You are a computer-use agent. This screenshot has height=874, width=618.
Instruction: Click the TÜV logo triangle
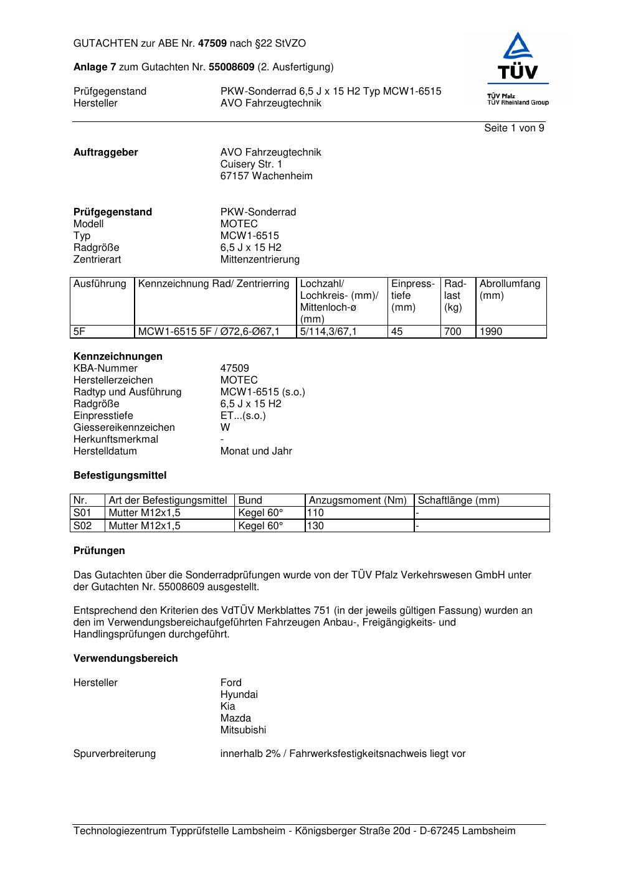coord(518,47)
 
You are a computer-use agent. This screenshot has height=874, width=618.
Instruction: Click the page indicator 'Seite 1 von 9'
coord(514,128)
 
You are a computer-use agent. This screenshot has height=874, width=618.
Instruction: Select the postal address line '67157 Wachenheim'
coord(266,176)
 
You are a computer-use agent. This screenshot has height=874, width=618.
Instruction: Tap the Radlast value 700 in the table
coord(452,332)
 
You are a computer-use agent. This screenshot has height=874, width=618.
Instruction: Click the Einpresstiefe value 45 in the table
coord(397,332)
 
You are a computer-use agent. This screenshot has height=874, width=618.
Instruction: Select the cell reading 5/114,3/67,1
coord(328,332)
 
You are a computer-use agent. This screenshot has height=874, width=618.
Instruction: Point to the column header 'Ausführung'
coord(100,284)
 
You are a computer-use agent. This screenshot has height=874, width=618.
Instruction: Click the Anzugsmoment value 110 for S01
coord(315,513)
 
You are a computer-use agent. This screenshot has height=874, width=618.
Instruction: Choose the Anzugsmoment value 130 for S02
coord(315,526)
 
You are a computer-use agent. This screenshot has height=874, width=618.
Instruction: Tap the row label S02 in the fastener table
coord(82,526)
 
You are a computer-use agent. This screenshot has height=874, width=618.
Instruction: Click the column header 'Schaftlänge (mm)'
coord(459,500)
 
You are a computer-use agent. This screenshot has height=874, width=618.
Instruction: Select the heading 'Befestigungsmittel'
coord(120,476)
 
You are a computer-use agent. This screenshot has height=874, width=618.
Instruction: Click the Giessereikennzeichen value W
coord(225,428)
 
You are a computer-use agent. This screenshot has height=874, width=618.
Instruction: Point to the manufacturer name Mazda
coord(235,718)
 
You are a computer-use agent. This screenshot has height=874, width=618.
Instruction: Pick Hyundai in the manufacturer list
coord(239,695)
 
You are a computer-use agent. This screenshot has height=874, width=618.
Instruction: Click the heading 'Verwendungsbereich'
coord(125,659)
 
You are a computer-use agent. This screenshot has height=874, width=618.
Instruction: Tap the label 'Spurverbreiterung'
coord(115,754)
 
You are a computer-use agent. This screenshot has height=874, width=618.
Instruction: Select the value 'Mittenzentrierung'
coord(260,260)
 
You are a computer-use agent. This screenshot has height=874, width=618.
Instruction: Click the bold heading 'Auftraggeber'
coord(106,153)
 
